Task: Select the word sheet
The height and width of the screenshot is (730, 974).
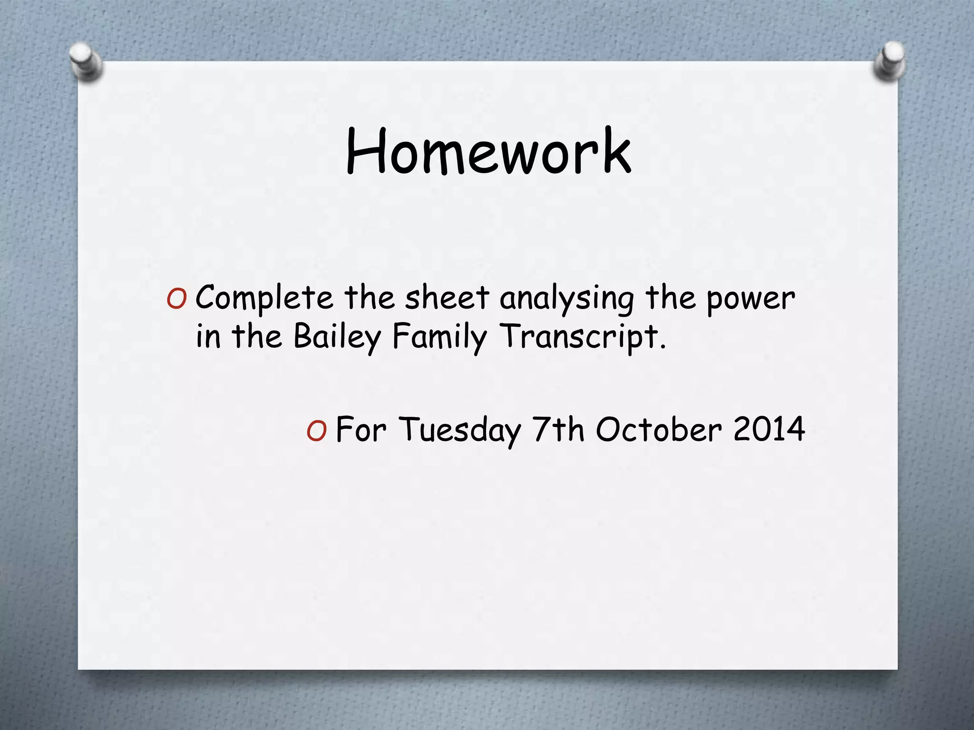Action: (447, 298)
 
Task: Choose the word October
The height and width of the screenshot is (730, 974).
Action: (659, 430)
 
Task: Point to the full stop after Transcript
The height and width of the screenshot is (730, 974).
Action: (663, 346)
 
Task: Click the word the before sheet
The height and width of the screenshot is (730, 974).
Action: (369, 298)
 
